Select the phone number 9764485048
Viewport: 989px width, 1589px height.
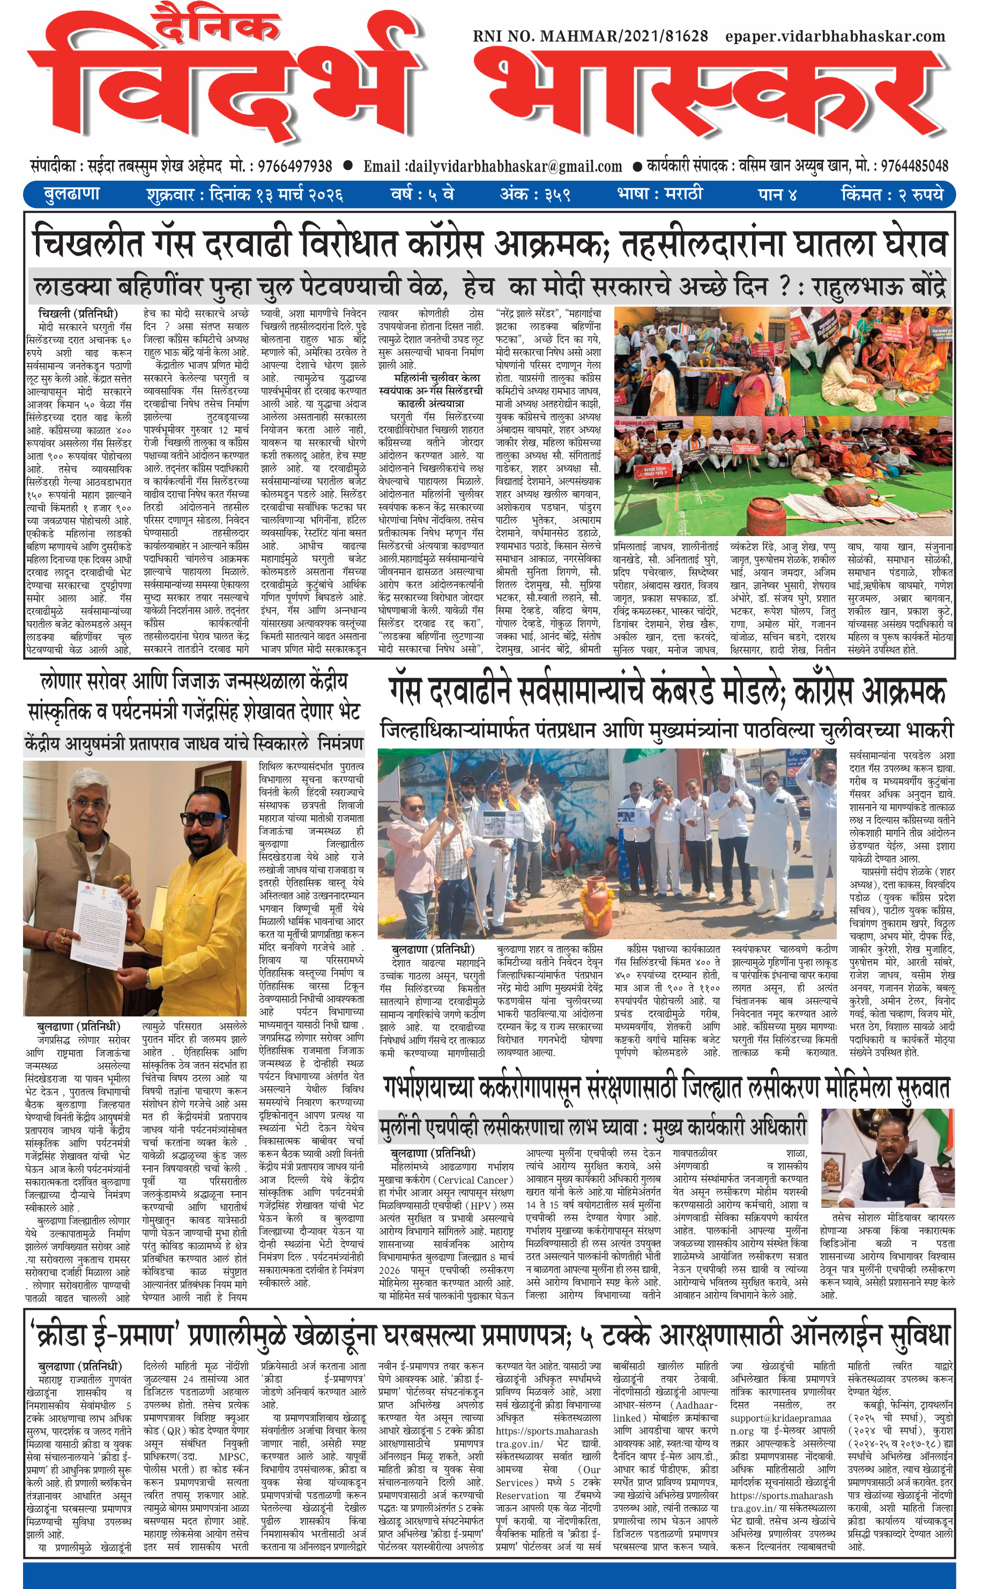pyautogui.click(x=914, y=166)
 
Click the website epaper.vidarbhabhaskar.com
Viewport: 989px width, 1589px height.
pyautogui.click(x=835, y=36)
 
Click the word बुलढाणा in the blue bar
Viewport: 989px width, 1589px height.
pyautogui.click(x=71, y=194)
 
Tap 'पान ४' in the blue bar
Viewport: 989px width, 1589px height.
pyautogui.click(x=777, y=194)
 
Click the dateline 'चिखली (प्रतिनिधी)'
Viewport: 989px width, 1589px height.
pyautogui.click(x=78, y=312)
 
